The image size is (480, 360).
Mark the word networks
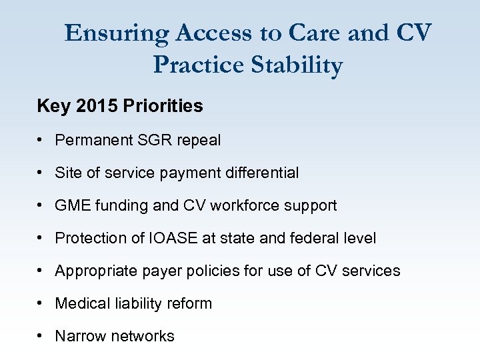[143, 336]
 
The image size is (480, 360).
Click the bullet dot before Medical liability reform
[41, 303]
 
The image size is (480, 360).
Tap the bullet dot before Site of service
[41, 173]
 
